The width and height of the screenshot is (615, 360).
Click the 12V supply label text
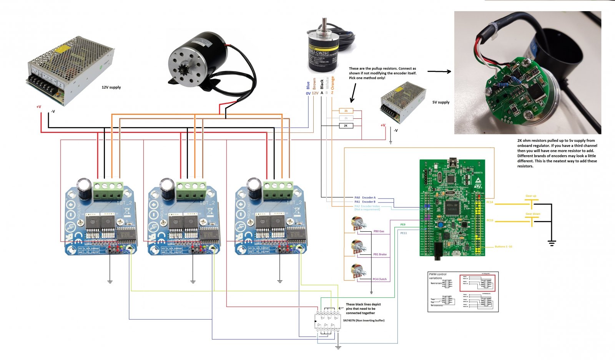point(111,87)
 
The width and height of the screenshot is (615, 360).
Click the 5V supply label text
point(441,102)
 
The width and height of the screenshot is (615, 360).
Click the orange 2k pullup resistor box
point(346,111)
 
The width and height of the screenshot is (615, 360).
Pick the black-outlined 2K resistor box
point(346,126)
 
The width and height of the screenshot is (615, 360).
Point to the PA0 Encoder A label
point(365,197)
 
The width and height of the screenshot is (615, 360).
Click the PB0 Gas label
point(379,231)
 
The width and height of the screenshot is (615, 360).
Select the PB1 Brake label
point(380,254)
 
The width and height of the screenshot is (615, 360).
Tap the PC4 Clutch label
point(379,279)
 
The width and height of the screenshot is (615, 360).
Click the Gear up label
point(531,196)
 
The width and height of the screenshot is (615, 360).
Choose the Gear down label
point(533,214)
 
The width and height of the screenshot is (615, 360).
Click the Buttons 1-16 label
point(503,247)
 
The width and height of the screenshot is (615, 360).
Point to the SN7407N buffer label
point(364,320)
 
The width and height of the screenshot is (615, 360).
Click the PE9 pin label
point(403,225)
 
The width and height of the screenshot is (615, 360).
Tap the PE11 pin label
point(404,233)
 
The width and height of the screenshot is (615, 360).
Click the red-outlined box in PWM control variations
point(477,283)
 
